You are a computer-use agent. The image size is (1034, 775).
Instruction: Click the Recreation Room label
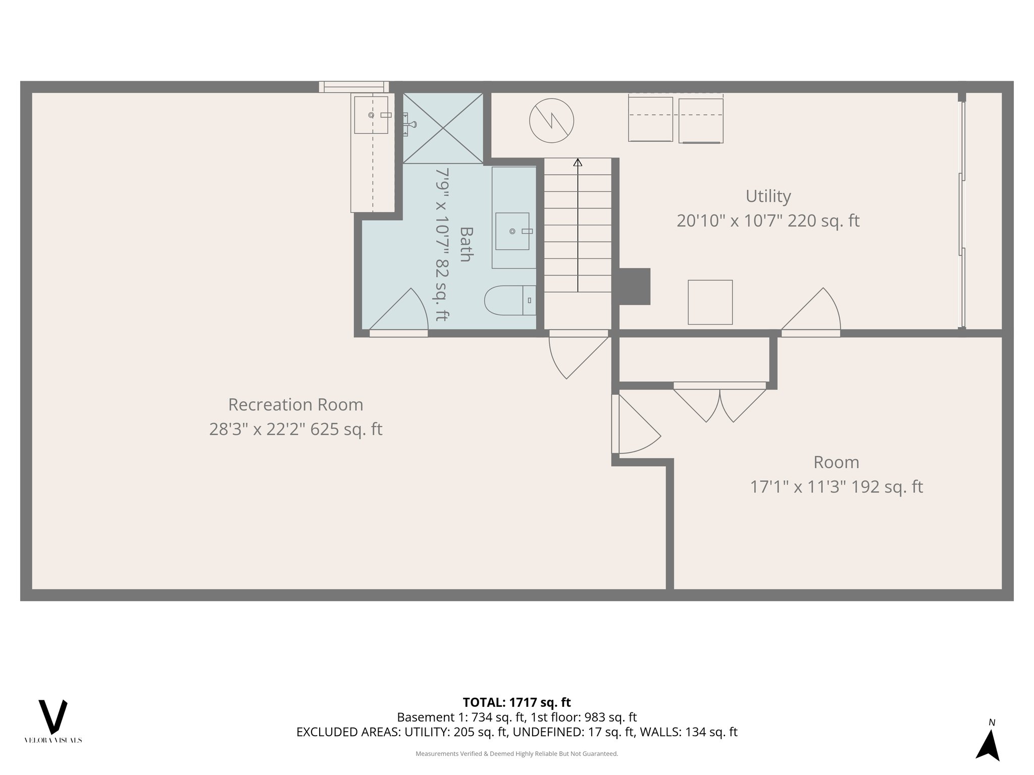point(295,405)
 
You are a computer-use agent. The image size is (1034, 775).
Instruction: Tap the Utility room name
point(768,196)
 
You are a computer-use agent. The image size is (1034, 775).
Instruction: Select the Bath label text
point(465,244)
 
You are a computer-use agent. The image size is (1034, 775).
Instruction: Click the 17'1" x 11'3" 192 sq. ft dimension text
point(836,487)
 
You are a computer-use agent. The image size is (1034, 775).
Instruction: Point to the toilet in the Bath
point(507,300)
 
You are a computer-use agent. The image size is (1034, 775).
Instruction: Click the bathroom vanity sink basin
point(512,231)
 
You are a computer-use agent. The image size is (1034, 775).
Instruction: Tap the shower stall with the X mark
point(443,128)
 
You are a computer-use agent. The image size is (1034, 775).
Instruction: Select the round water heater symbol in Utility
point(551,121)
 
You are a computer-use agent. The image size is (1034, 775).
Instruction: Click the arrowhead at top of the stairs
point(578,162)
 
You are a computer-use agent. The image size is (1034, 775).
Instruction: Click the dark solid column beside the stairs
point(635,286)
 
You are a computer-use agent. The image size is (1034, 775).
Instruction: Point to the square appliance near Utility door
point(710,302)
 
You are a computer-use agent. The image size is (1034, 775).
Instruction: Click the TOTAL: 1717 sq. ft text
point(516,702)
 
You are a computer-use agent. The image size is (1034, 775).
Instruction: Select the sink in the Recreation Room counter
point(371,115)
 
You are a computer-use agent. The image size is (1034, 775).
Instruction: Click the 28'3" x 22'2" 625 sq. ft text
point(295,429)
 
